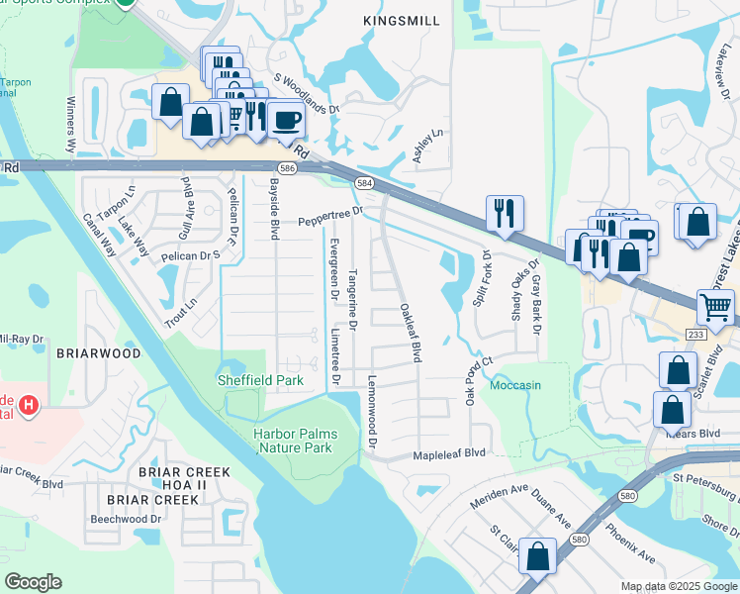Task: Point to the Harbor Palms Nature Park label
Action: pyautogui.click(x=295, y=441)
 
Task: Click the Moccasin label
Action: pyautogui.click(x=515, y=384)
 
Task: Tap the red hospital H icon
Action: pyautogui.click(x=29, y=405)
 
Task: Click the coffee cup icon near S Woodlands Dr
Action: pyautogui.click(x=286, y=121)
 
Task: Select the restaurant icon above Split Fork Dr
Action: pyautogui.click(x=505, y=212)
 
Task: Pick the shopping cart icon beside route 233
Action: pyautogui.click(x=716, y=308)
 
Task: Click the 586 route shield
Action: pyautogui.click(x=286, y=170)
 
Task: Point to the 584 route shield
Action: pyautogui.click(x=364, y=183)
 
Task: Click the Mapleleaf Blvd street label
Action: pyautogui.click(x=449, y=452)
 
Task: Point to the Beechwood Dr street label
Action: pyautogui.click(x=126, y=519)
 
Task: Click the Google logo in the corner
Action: pyautogui.click(x=33, y=582)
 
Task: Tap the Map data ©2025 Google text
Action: pyautogui.click(x=677, y=586)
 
